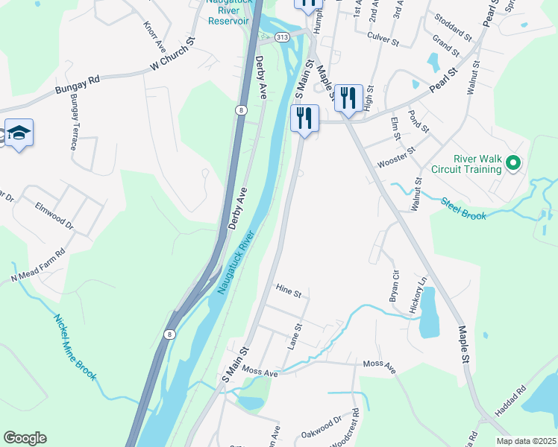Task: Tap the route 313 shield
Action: [x=282, y=37]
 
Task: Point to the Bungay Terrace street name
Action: [x=74, y=122]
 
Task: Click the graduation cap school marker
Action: [x=19, y=134]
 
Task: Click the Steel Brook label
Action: [x=463, y=208]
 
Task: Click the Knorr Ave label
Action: [x=150, y=28]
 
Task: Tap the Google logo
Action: [x=25, y=438]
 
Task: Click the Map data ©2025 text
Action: [x=525, y=441]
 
